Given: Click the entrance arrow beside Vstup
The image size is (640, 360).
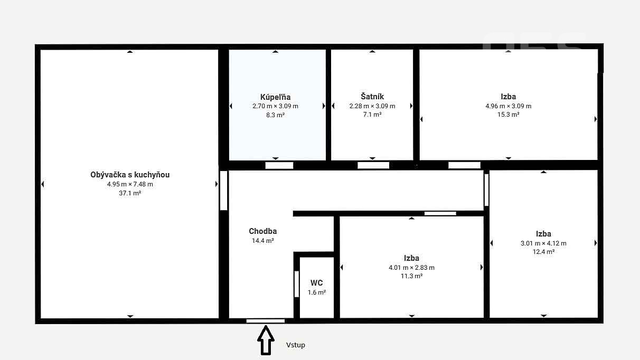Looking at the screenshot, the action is pyautogui.click(x=266, y=340).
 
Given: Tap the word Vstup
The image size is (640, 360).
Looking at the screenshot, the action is pyautogui.click(x=296, y=345).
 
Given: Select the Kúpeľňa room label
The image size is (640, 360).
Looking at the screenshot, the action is pyautogui.click(x=276, y=97).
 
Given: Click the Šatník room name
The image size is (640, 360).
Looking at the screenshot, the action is pyautogui.click(x=372, y=97).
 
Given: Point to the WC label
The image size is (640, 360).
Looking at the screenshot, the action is pyautogui.click(x=317, y=283).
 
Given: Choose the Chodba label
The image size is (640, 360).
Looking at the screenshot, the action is pyautogui.click(x=263, y=231).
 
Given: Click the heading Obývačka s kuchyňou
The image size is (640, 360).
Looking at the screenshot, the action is pyautogui.click(x=130, y=175).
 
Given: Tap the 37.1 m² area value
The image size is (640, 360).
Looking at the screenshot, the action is pyautogui.click(x=130, y=193).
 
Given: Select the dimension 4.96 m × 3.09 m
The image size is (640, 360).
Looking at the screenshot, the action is pyautogui.click(x=509, y=106).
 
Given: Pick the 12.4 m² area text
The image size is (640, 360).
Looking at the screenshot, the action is pyautogui.click(x=543, y=252).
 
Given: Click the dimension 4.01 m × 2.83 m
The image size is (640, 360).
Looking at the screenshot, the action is pyautogui.click(x=411, y=268).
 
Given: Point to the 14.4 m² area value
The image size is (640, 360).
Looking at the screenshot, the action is pyautogui.click(x=263, y=241).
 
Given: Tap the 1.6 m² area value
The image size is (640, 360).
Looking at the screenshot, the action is pyautogui.click(x=317, y=292).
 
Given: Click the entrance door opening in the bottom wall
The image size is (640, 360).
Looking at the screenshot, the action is pyautogui.click(x=266, y=321).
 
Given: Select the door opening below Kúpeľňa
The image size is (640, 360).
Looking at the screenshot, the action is pyautogui.click(x=279, y=165).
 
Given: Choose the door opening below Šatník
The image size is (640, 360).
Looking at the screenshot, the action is pyautogui.click(x=373, y=165).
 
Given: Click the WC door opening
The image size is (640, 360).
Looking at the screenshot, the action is pyautogui.click(x=297, y=284).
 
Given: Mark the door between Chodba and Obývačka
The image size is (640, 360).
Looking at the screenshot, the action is pyautogui.click(x=224, y=191).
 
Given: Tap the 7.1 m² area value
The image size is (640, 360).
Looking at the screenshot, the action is pyautogui.click(x=372, y=115).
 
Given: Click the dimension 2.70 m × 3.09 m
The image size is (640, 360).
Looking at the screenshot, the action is pyautogui.click(x=276, y=106).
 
